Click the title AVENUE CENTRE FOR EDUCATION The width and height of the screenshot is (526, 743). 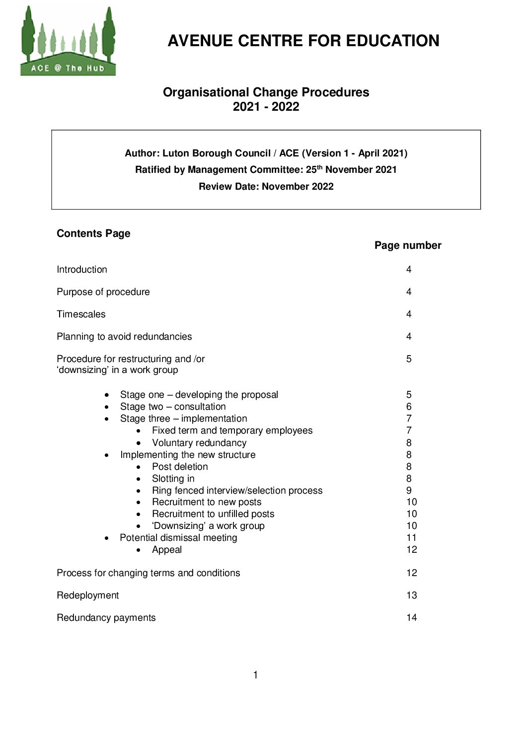coord(303,41)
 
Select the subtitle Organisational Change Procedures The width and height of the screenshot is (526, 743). coord(266,92)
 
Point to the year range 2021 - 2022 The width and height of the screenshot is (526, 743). coord(266,107)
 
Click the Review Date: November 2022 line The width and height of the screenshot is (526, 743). coord(266,187)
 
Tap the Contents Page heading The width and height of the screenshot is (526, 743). coord(93,233)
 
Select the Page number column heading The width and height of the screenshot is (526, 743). coord(407,245)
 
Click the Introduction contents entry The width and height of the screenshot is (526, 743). coord(82,270)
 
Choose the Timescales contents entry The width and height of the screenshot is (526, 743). coord(81,314)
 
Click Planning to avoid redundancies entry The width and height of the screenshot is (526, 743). coord(124,337)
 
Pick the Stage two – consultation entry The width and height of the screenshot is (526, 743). coord(173,407)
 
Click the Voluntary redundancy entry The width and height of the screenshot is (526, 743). coord(199,443)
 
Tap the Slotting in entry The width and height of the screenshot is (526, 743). coord(173,479)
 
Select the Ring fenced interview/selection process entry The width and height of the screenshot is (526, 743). coord(237,491)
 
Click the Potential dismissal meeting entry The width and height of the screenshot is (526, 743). coord(178,538)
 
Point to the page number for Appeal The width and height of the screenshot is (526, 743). coord(411,550)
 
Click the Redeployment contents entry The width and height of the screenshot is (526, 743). coord(87,595)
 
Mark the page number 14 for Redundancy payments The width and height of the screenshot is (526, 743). coord(411,618)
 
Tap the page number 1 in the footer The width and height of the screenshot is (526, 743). coord(255,675)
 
